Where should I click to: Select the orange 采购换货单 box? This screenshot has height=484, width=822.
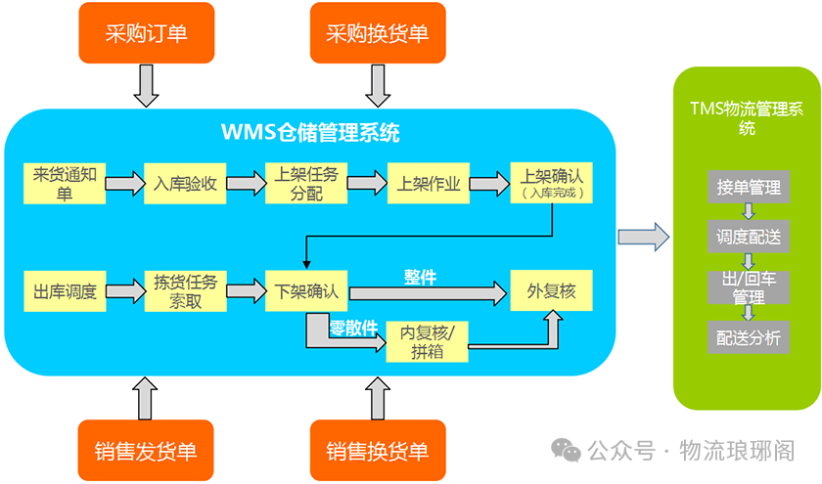pos(377,33)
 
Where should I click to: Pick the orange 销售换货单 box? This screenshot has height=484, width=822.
pos(377,451)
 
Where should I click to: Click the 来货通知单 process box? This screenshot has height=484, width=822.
pos(64,184)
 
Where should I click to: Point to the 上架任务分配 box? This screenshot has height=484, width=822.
pos(306,184)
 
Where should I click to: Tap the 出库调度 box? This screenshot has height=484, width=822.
pos(64,291)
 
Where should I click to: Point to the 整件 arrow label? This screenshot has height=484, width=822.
pos(420,277)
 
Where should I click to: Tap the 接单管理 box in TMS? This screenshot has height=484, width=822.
pos(748,186)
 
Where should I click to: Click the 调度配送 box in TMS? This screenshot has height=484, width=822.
pos(748,235)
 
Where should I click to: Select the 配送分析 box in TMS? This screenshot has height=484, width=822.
pos(748,338)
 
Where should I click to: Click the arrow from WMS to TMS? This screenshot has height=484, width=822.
pos(643,236)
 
